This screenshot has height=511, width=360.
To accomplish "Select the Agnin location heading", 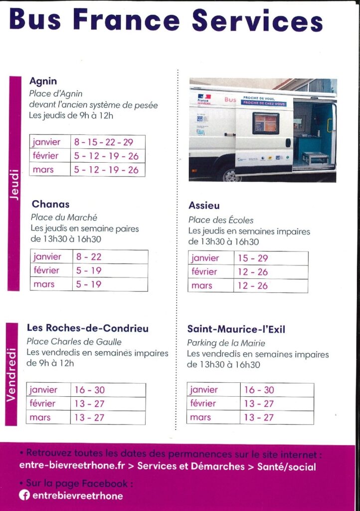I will pyautogui.click(x=43, y=81).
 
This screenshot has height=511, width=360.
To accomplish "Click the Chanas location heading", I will pyautogui.click(x=50, y=204).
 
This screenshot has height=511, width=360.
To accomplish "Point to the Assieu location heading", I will pyautogui.click(x=204, y=206).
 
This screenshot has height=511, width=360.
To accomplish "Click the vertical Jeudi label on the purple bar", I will pyautogui.click(x=14, y=185).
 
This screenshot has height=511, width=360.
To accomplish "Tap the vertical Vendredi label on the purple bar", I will pyautogui.click(x=11, y=374).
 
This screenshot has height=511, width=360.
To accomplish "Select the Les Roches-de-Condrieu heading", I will pyautogui.click(x=87, y=328).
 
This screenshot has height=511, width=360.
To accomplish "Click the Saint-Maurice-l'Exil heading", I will pyautogui.click(x=243, y=329).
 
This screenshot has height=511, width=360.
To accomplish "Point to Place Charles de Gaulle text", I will pyautogui.click(x=74, y=342).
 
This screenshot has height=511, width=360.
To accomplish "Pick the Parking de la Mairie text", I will pyautogui.click(x=226, y=343).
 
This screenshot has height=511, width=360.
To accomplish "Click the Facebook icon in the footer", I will pyautogui.click(x=24, y=496).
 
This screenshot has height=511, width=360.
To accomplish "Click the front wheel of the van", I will pyautogui.click(x=229, y=174).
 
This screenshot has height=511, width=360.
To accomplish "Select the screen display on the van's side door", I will pyautogui.click(x=265, y=123).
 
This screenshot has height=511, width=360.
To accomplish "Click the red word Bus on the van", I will pyautogui.click(x=230, y=100).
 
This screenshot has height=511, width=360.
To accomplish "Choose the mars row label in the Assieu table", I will pyautogui.click(x=201, y=285).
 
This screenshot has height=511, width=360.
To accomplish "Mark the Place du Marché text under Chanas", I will pyautogui.click(x=64, y=218).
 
